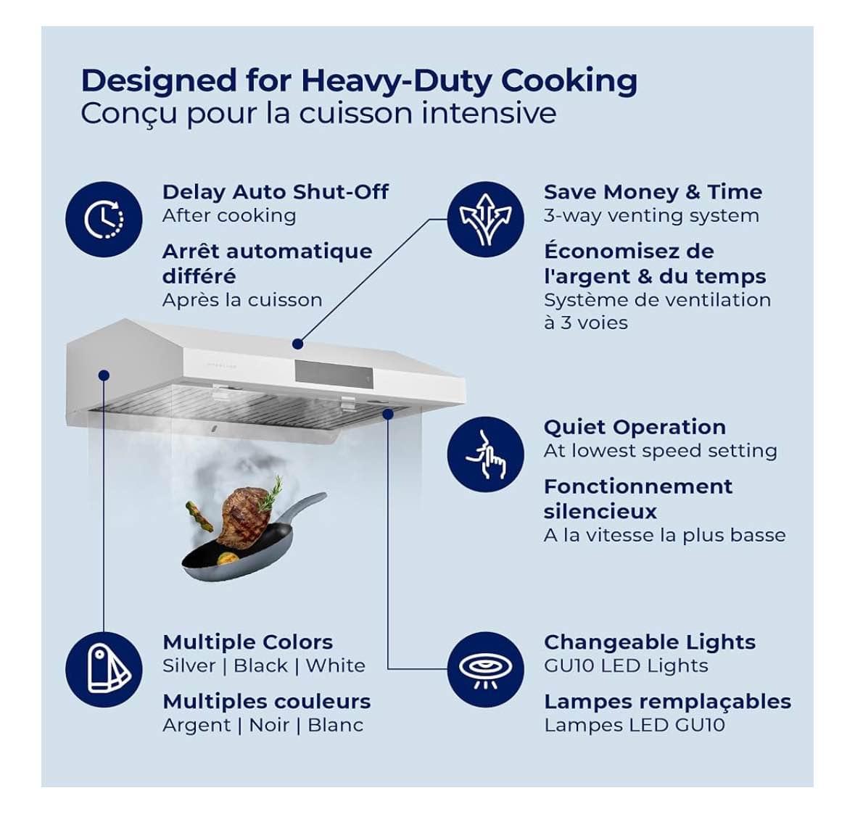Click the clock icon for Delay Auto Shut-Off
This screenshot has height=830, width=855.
coord(104,220)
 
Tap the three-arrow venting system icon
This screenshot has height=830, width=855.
coord(485,220)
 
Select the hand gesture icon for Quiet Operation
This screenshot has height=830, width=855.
coord(485,455)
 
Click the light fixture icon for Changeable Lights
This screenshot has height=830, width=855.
coord(485,670)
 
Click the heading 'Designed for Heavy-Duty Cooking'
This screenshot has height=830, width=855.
coord(359,80)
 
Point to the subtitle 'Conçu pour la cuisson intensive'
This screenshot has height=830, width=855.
coord(318,113)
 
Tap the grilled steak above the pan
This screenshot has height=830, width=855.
coord(244,515)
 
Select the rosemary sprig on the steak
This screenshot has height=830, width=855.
coord(271,493)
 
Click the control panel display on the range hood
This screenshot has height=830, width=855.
coord(334,374)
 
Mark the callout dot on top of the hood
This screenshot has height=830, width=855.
coord(297,344)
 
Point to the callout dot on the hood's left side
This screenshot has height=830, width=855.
coord(104,375)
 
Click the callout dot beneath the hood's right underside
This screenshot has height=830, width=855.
coord(388,414)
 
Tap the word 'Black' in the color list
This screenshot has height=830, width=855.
coord(260,666)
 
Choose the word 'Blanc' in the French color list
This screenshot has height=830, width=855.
coord(335,726)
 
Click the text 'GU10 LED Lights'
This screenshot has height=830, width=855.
coord(626,666)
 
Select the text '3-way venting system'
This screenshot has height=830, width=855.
coord(652,216)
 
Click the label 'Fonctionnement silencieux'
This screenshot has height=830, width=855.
coord(638,499)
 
